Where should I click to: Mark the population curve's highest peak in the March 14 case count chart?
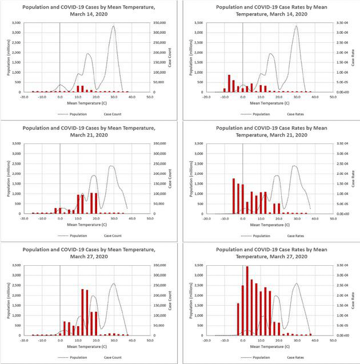(113, 26)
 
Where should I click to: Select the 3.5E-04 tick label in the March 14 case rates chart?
(342, 23)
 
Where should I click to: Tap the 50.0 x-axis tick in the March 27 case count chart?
(149, 341)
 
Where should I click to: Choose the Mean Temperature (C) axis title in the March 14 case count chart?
(86, 102)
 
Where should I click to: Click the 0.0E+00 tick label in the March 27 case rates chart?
(342, 335)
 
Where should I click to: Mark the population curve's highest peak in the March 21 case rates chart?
(295, 166)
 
